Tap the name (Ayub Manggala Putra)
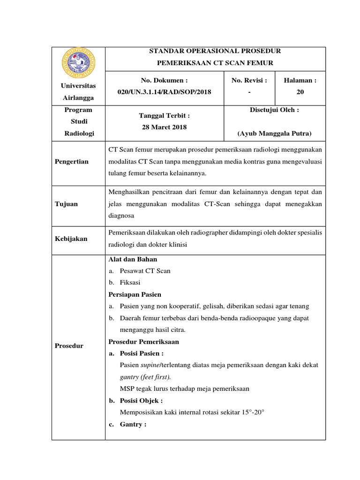(x=275, y=133)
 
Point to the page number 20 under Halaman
(x=300, y=92)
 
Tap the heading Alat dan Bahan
(x=133, y=259)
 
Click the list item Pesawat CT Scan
(x=145, y=271)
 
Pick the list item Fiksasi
(x=130, y=283)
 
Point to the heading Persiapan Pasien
(x=135, y=294)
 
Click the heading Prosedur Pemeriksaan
(x=143, y=341)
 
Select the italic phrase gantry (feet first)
(x=145, y=377)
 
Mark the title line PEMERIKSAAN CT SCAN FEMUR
(x=214, y=62)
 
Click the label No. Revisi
(x=249, y=80)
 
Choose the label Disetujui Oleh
(x=275, y=110)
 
